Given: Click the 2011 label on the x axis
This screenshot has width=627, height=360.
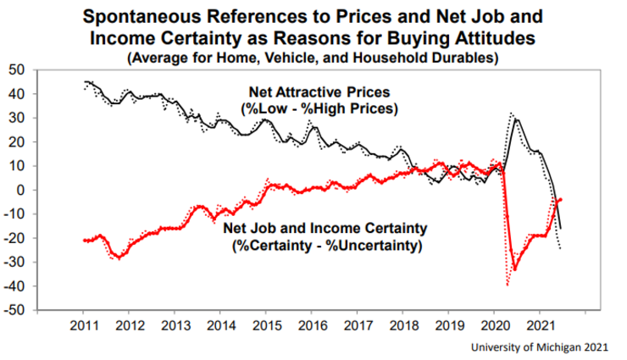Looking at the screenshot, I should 83,324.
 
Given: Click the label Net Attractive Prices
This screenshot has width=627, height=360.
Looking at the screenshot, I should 313,92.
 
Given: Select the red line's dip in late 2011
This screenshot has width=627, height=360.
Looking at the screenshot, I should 119,257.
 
